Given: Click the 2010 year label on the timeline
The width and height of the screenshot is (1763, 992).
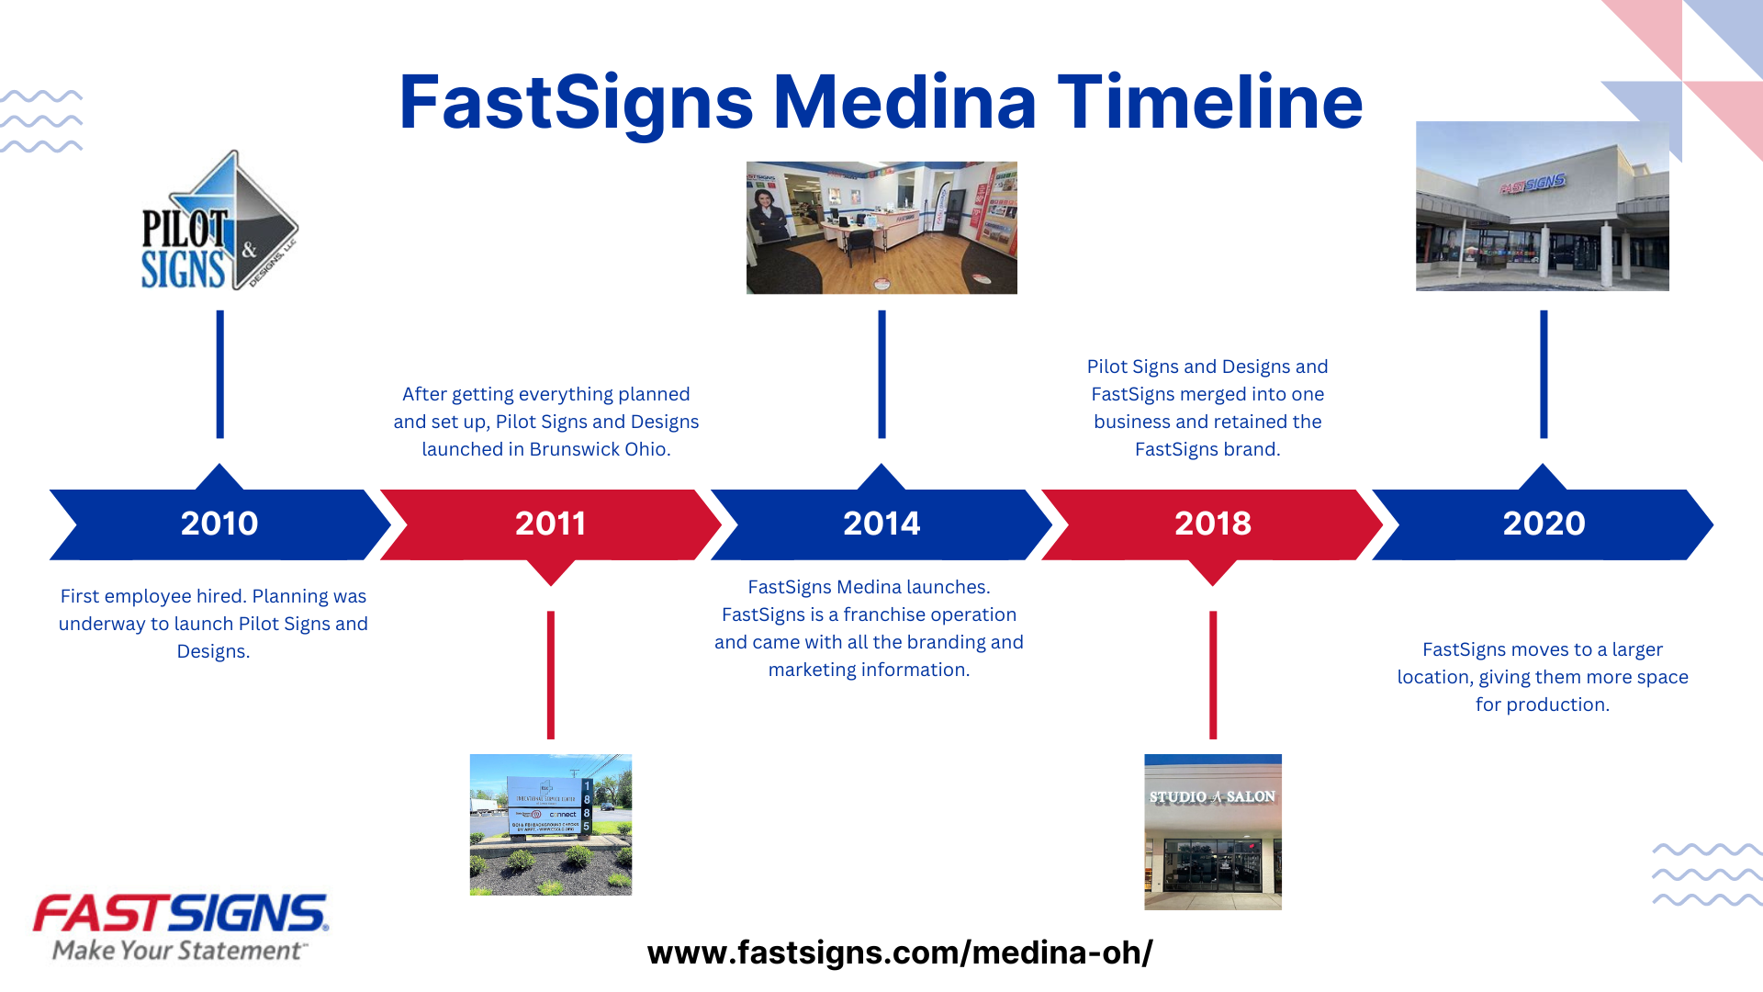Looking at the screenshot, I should point(219,524).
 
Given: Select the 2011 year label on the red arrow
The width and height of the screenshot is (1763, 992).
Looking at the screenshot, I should point(550,524).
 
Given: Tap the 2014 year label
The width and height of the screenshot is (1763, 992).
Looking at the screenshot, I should point(881,524).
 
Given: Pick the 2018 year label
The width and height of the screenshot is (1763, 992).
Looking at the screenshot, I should point(1212,524).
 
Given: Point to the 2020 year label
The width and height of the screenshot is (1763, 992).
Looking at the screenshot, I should point(1544,524).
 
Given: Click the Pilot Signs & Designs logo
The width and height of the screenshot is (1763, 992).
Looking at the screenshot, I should point(219,222).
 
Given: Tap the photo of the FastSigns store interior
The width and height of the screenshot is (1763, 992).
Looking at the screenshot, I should point(881,228).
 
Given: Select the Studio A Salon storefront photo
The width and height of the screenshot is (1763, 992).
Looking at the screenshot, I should point(1212,832).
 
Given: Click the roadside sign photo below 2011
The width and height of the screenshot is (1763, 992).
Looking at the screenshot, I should point(550,825).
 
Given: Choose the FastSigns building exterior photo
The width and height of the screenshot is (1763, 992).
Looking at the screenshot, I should point(1542,206).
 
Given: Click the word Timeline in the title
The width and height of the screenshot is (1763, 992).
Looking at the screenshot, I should point(1210,102).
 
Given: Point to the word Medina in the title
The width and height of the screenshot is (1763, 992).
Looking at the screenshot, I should point(904,102).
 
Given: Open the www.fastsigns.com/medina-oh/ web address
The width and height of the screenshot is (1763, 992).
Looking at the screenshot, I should point(899,953).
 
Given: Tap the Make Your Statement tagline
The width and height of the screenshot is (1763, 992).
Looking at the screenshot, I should point(177,951).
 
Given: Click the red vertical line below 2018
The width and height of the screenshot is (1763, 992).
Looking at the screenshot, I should point(1212,675).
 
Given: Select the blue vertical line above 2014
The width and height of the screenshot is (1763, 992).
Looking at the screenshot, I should point(881,374).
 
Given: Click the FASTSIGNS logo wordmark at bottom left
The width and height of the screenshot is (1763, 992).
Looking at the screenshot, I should point(180,914).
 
